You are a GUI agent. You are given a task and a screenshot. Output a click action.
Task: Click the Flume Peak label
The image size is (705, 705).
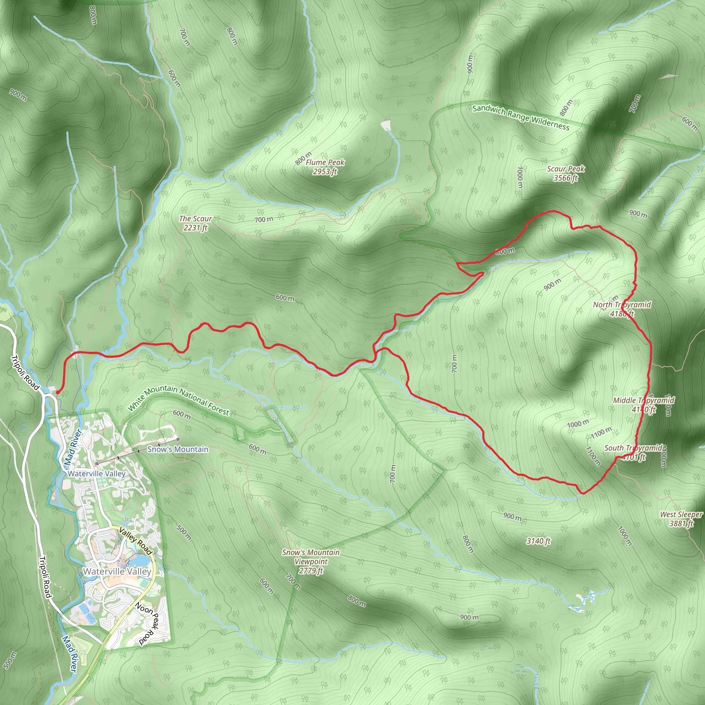(325, 167)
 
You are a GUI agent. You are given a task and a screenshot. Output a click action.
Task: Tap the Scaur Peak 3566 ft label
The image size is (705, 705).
(566, 173)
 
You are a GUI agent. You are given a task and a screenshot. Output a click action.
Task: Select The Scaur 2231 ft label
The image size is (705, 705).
(196, 223)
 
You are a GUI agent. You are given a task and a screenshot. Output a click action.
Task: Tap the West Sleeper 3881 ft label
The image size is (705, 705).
(681, 519)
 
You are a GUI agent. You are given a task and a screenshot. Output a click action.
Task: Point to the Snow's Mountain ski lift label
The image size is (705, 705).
(178, 449)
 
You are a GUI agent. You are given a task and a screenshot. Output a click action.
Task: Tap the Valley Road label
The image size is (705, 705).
(135, 540)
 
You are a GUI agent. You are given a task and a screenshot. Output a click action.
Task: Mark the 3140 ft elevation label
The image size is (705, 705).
(538, 541)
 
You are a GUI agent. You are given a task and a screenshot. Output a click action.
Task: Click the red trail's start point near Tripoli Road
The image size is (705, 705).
(57, 392)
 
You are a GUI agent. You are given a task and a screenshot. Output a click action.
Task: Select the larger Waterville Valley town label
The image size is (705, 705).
(117, 571)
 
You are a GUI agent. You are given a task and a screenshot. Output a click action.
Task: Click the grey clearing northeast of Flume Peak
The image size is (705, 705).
(386, 125)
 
